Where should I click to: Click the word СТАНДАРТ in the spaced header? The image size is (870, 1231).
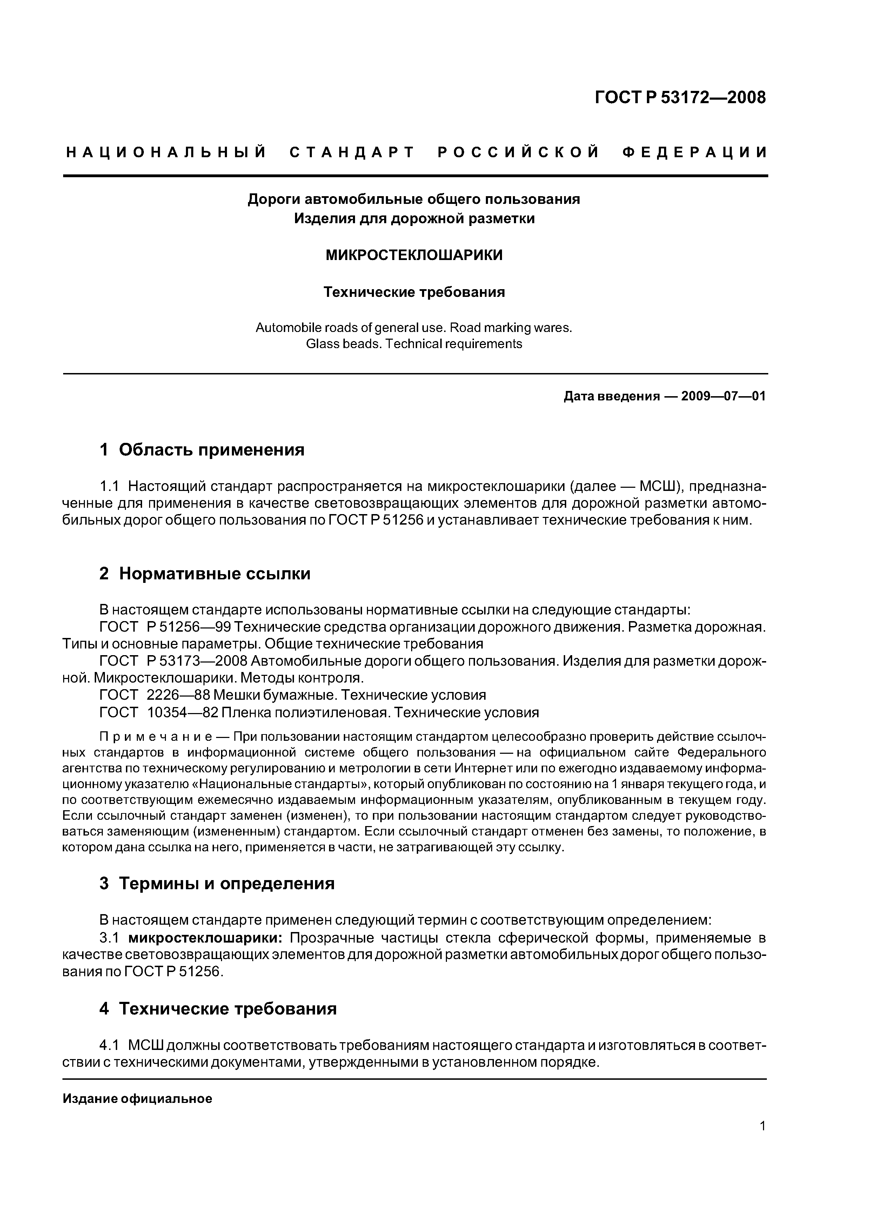[352, 153]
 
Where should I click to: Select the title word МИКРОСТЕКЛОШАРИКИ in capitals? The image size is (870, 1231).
[414, 255]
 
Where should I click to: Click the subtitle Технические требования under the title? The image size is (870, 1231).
[414, 292]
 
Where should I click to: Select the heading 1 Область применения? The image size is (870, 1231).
[202, 449]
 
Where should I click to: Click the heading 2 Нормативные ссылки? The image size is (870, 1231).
[205, 574]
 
